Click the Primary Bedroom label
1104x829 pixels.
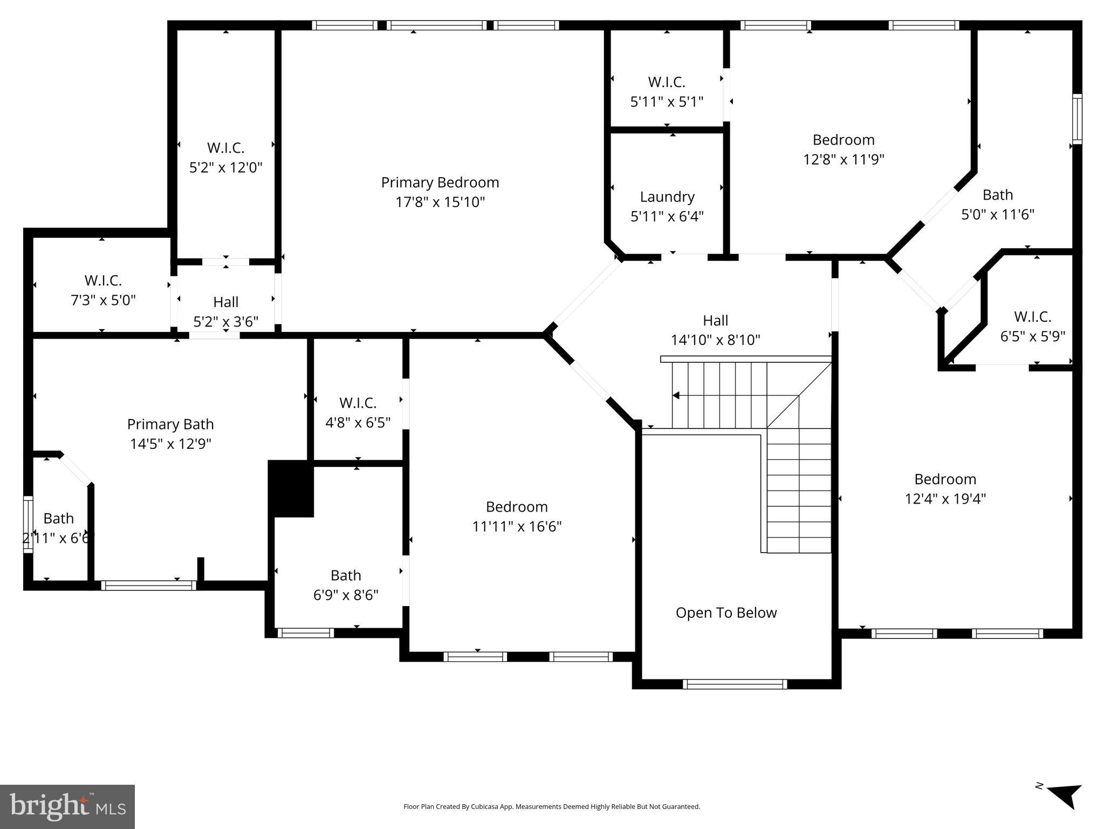440,182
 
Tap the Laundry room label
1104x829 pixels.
667,197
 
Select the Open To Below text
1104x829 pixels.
726,613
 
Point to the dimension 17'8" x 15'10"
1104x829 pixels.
440,202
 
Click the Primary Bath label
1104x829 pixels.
170,424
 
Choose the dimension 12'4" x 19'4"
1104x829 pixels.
945,498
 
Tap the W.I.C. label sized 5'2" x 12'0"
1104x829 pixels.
225,147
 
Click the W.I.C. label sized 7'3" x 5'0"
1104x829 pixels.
103,281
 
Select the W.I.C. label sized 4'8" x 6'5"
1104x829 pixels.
358,403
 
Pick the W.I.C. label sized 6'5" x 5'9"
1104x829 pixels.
1032,316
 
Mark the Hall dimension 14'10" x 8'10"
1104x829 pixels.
715,340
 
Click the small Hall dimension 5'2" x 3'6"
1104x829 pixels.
225,322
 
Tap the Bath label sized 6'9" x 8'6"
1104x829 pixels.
346,575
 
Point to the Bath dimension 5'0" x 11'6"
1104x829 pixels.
998,214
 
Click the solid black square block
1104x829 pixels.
291,489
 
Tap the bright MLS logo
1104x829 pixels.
67,807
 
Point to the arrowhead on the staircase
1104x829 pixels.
675,396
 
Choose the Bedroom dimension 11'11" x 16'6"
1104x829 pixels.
517,526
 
